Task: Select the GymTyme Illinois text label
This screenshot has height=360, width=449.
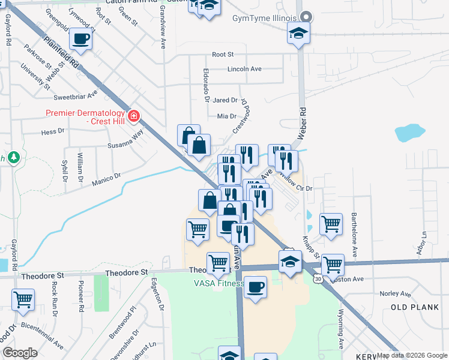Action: [x=265, y=17]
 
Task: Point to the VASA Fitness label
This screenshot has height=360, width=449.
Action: [x=217, y=284]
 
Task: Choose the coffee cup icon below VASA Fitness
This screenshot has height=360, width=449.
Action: [x=255, y=286]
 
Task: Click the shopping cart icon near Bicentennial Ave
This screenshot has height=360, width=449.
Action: [x=23, y=299]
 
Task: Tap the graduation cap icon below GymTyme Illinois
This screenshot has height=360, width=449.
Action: [x=298, y=34]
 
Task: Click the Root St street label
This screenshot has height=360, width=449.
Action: [x=222, y=55]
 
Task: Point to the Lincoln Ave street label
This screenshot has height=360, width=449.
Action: [x=244, y=69]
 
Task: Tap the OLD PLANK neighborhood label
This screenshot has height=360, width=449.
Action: [x=411, y=307]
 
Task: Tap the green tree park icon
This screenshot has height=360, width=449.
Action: [x=13, y=158]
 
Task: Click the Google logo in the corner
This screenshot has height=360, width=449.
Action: [x=20, y=353]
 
